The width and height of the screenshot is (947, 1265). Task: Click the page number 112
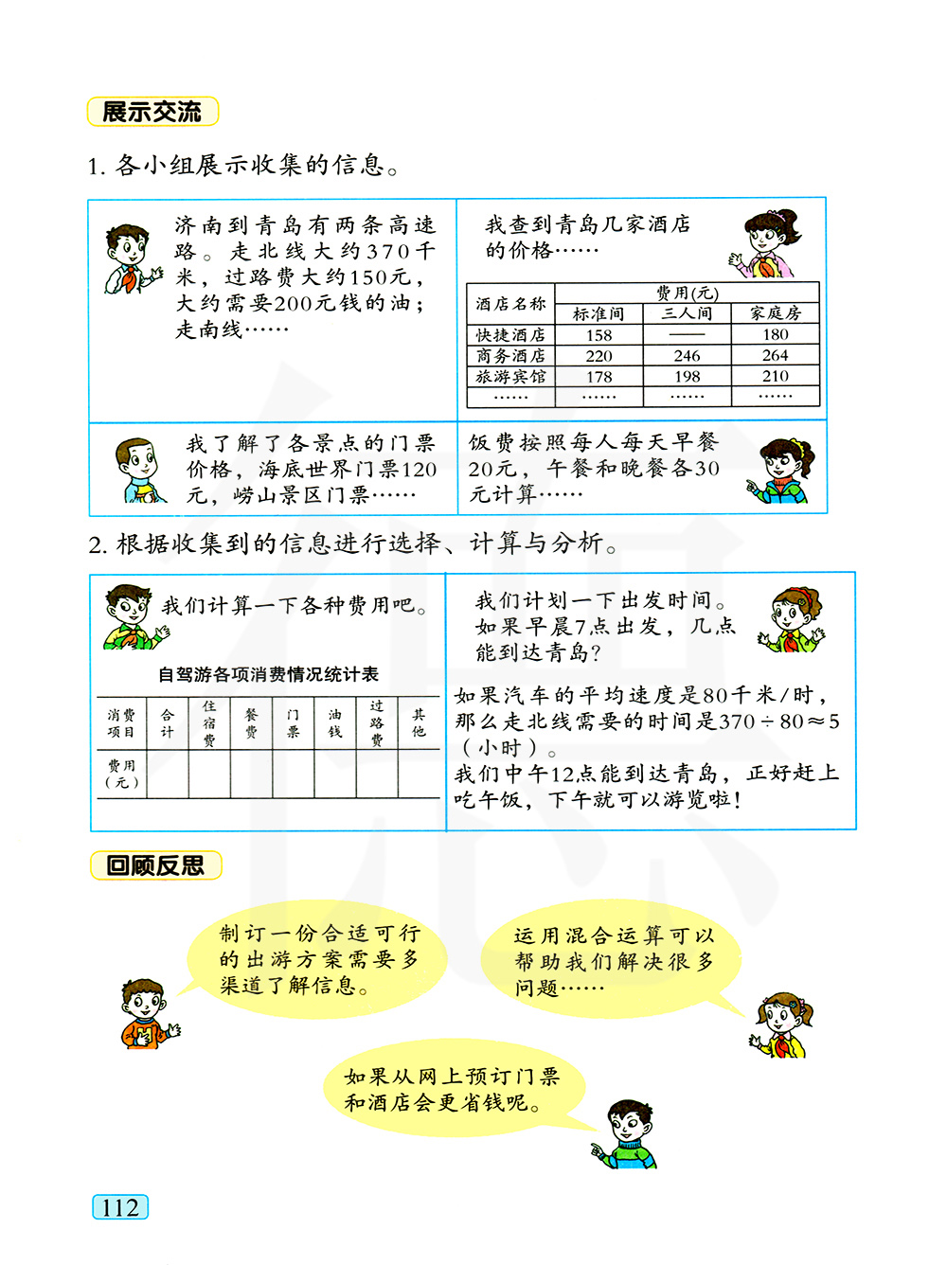click(120, 1207)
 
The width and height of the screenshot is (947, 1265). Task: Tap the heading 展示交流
click(152, 112)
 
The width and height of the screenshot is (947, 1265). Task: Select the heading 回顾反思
click(155, 865)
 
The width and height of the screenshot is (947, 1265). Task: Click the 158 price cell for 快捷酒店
click(599, 335)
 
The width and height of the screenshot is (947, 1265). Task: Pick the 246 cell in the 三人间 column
click(687, 356)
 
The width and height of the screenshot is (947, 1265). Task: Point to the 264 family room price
click(775, 355)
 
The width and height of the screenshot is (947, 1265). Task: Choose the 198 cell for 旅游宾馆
click(687, 377)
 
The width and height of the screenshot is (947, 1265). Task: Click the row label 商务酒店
click(510, 356)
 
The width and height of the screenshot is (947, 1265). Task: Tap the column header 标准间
click(599, 313)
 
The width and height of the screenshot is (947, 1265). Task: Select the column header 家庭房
click(775, 313)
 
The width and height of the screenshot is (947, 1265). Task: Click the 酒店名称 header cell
click(510, 304)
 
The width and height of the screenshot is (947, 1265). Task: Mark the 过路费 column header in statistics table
click(377, 723)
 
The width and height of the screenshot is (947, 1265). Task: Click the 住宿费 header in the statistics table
click(209, 723)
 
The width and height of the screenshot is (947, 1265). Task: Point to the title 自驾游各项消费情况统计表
click(268, 674)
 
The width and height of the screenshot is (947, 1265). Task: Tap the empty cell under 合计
click(168, 775)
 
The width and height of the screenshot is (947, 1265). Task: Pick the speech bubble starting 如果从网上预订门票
click(453, 1090)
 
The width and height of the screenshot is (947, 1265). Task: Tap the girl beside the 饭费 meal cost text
click(782, 471)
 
